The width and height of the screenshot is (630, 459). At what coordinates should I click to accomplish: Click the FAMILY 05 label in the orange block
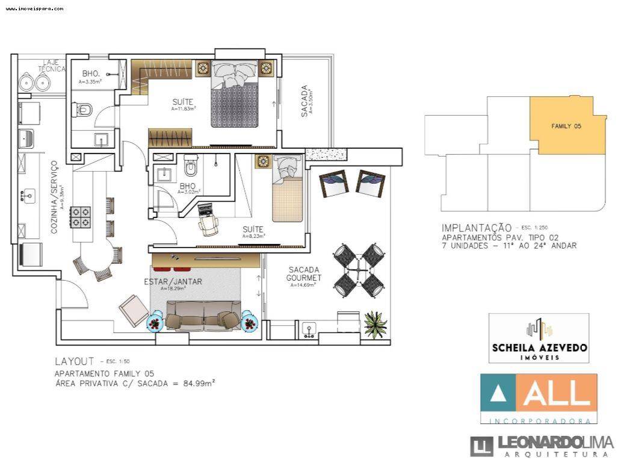(x=566, y=126)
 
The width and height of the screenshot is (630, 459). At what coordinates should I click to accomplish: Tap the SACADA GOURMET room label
(x=304, y=274)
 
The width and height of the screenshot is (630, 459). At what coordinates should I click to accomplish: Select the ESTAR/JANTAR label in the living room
(x=173, y=281)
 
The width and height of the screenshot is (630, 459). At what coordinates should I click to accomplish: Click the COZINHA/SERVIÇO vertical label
(x=54, y=197)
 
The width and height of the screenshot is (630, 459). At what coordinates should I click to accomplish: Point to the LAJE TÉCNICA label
(x=52, y=65)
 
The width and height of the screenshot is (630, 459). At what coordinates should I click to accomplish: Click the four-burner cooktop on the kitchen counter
(x=81, y=216)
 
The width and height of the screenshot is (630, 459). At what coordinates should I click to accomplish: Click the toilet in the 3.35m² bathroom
(x=84, y=110)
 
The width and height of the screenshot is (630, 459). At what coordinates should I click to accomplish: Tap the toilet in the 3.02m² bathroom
(x=191, y=165)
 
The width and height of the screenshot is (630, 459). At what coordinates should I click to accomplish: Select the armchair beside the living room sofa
(x=133, y=311)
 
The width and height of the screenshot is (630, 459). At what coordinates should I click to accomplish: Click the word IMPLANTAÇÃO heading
(x=476, y=228)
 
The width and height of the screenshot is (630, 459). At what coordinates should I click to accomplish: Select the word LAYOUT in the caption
(x=74, y=361)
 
